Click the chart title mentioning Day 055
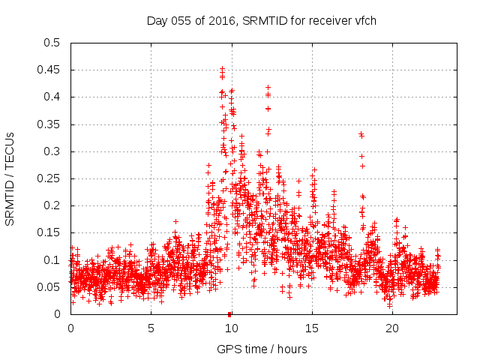(261, 20)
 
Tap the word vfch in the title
(364, 20)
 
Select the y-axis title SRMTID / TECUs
(10, 178)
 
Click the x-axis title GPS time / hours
(262, 349)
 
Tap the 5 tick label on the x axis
(151, 328)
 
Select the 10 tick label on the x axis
(231, 328)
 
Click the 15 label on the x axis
(311, 328)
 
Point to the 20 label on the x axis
(391, 328)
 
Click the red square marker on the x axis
(229, 314)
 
